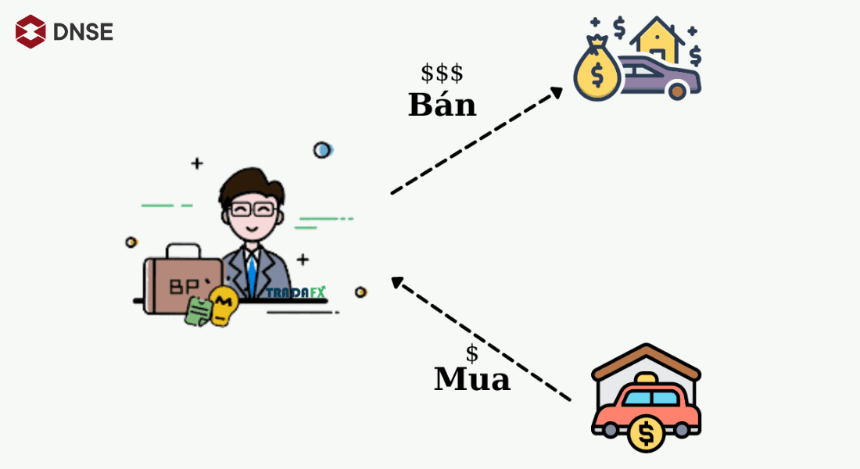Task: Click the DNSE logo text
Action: tap(84, 32)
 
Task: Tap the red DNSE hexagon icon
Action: tap(30, 31)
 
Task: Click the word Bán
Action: tap(442, 106)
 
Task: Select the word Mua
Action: tap(471, 380)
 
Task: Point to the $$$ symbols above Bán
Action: tap(442, 73)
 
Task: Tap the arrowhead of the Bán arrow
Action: tap(556, 91)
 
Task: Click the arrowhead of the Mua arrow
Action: tap(398, 283)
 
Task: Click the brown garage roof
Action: tap(646, 362)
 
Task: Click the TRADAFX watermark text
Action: tap(296, 292)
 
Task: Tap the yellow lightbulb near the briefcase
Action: tap(224, 306)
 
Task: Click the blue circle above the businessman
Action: tap(322, 149)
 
